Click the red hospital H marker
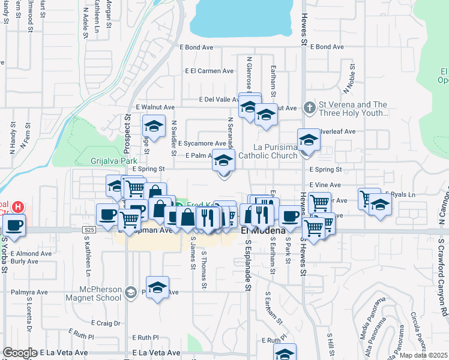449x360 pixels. point(18,207)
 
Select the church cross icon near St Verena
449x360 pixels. point(309,108)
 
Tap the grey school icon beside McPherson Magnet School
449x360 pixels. point(130,293)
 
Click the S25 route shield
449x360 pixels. point(89,230)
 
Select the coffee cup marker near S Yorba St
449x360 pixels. point(14,226)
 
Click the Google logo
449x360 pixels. point(20,353)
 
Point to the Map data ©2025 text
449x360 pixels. point(424,355)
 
